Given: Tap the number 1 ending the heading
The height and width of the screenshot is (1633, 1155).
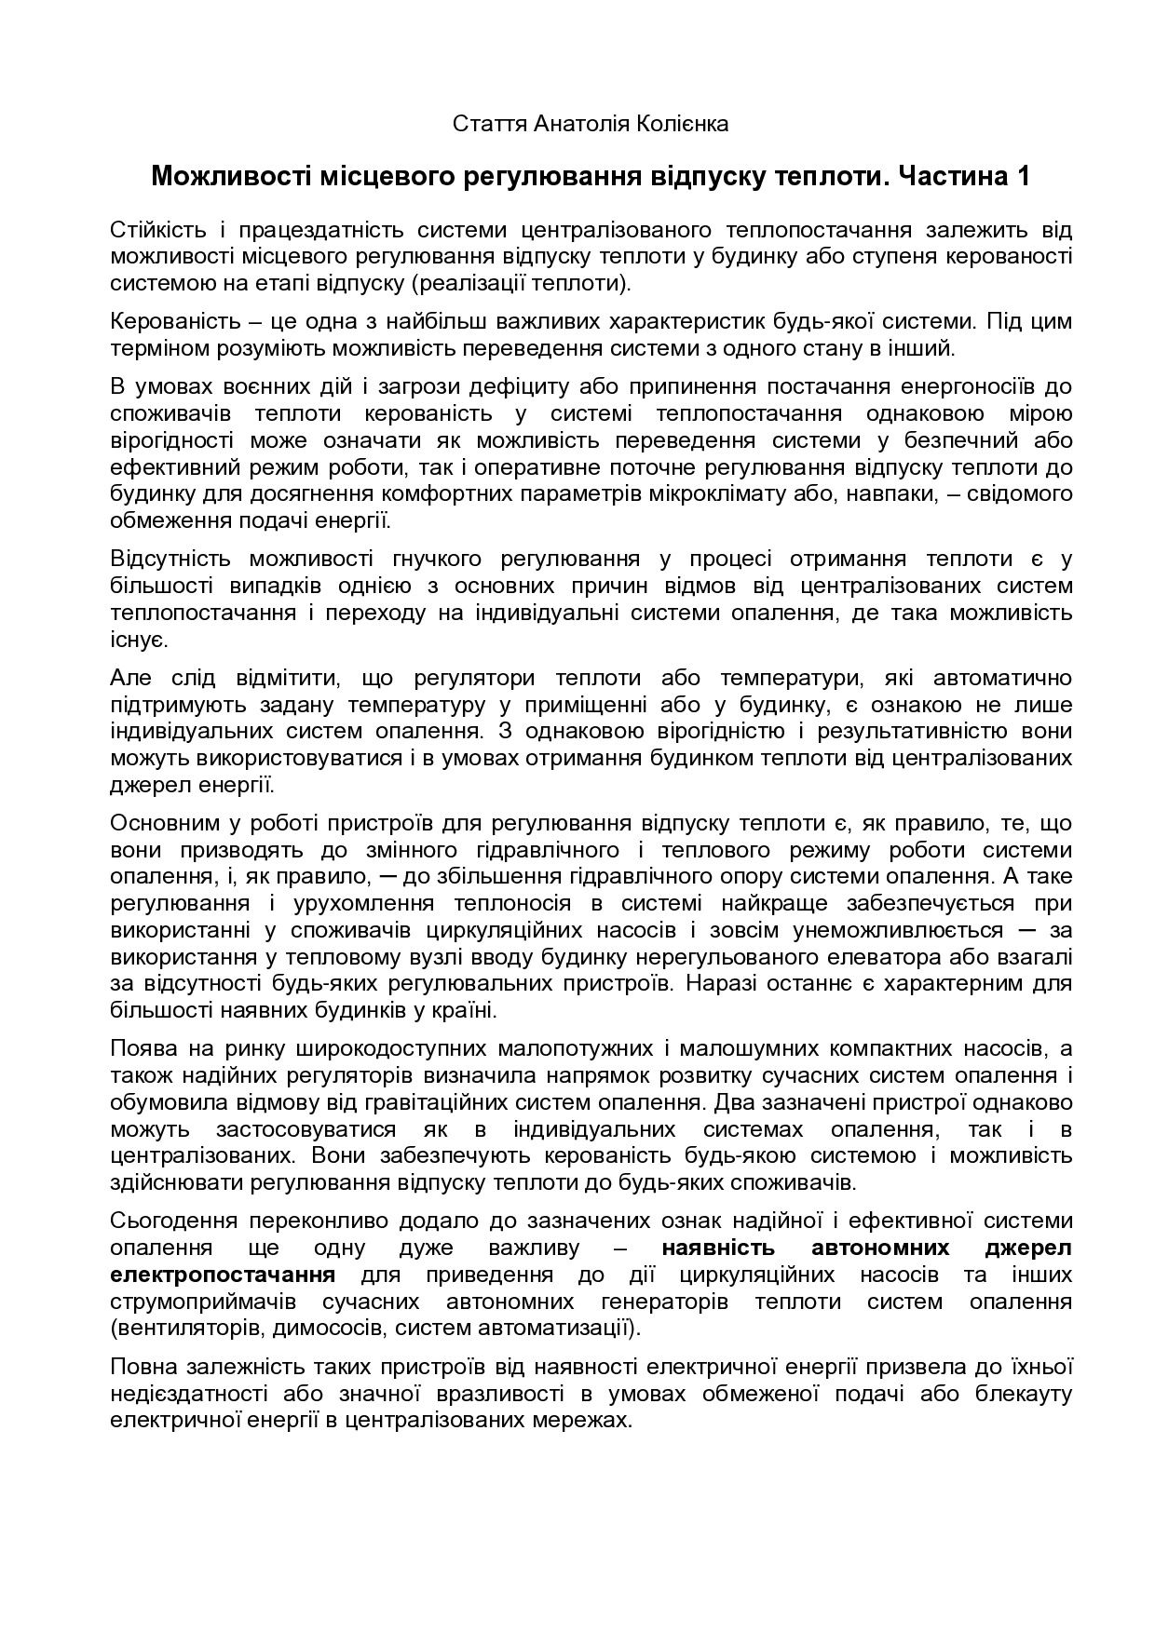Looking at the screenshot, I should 1024,176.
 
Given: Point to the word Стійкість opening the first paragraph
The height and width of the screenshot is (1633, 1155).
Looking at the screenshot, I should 156,230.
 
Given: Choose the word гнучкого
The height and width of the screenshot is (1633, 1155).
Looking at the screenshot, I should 428,559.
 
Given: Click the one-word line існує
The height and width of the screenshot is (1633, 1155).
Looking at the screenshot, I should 138,640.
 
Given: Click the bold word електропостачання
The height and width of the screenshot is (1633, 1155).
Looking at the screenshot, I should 223,1274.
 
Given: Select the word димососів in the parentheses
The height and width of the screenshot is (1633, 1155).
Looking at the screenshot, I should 318,1328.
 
